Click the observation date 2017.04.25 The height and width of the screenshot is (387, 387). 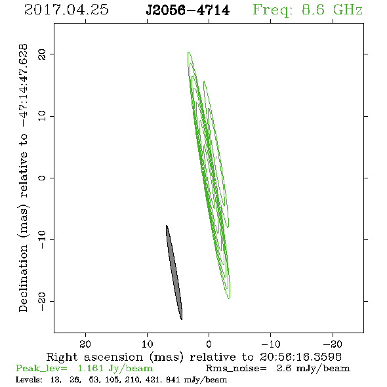pos(66,10)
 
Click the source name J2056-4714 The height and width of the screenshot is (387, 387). pos(188,10)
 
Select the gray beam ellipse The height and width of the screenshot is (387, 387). pos(174,272)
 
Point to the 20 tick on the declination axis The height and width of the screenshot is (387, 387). pos(42,54)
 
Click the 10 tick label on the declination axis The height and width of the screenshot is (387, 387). pos(42,116)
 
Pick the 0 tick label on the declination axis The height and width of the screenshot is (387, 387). pos(42,178)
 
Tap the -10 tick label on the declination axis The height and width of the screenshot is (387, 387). pos(42,239)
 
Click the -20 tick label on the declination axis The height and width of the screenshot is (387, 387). pos(42,301)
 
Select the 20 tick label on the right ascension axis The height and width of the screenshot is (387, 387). pos(85,344)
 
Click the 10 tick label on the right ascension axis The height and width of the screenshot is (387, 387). pos(148,344)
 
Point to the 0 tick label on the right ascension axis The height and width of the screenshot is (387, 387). pos(209,344)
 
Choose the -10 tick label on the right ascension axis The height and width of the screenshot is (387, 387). pos(271,344)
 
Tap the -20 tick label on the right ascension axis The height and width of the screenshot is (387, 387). pos(333,344)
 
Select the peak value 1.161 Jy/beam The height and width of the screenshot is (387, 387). pos(115,369)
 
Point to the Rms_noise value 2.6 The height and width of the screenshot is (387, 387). pos(285,368)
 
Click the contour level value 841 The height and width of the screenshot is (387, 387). pos(173,380)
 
